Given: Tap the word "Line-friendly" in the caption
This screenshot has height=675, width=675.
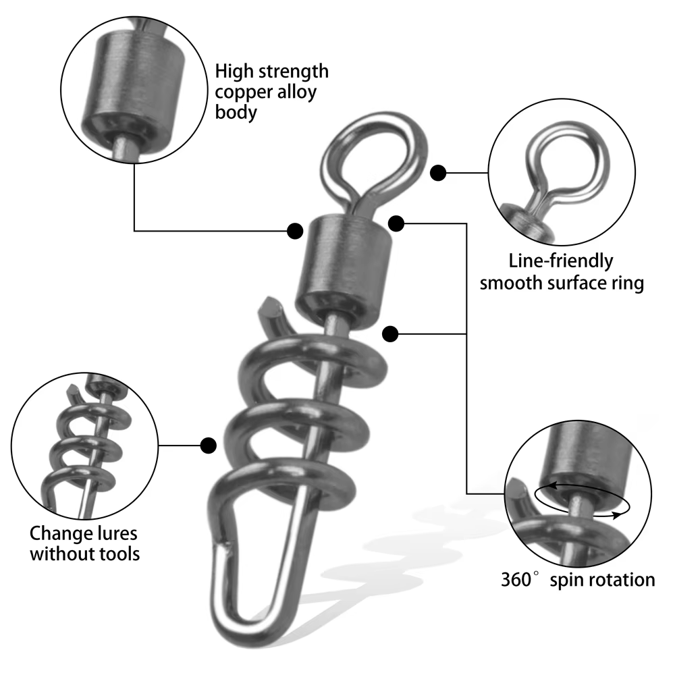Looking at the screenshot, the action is point(561,261).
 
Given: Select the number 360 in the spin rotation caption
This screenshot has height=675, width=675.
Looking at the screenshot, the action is point(516,579).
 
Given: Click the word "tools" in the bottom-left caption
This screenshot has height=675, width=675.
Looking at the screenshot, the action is point(119,553).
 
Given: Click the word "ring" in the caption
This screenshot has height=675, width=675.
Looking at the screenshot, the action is point(628,284).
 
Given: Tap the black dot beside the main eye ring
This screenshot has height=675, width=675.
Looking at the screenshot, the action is point(438,173).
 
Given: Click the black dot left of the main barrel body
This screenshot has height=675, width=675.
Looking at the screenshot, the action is point(295,231).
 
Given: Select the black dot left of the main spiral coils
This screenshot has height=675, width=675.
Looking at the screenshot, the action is point(209,446).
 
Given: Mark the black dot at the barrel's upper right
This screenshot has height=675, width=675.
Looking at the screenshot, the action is point(396,223).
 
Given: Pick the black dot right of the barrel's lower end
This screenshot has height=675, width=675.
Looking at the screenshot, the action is point(390,334).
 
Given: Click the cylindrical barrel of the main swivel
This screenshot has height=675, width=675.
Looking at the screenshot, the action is point(344,271).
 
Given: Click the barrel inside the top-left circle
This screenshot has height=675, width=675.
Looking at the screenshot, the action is point(133,86).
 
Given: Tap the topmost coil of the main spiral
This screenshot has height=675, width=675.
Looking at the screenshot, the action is point(313,362).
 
